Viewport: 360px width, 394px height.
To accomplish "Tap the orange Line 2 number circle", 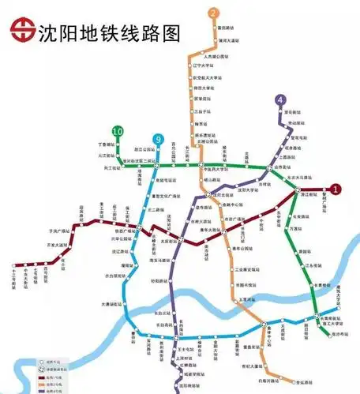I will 214,13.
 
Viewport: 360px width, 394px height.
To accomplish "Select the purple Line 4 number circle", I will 281,99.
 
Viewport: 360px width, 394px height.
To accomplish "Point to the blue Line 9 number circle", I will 159,137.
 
